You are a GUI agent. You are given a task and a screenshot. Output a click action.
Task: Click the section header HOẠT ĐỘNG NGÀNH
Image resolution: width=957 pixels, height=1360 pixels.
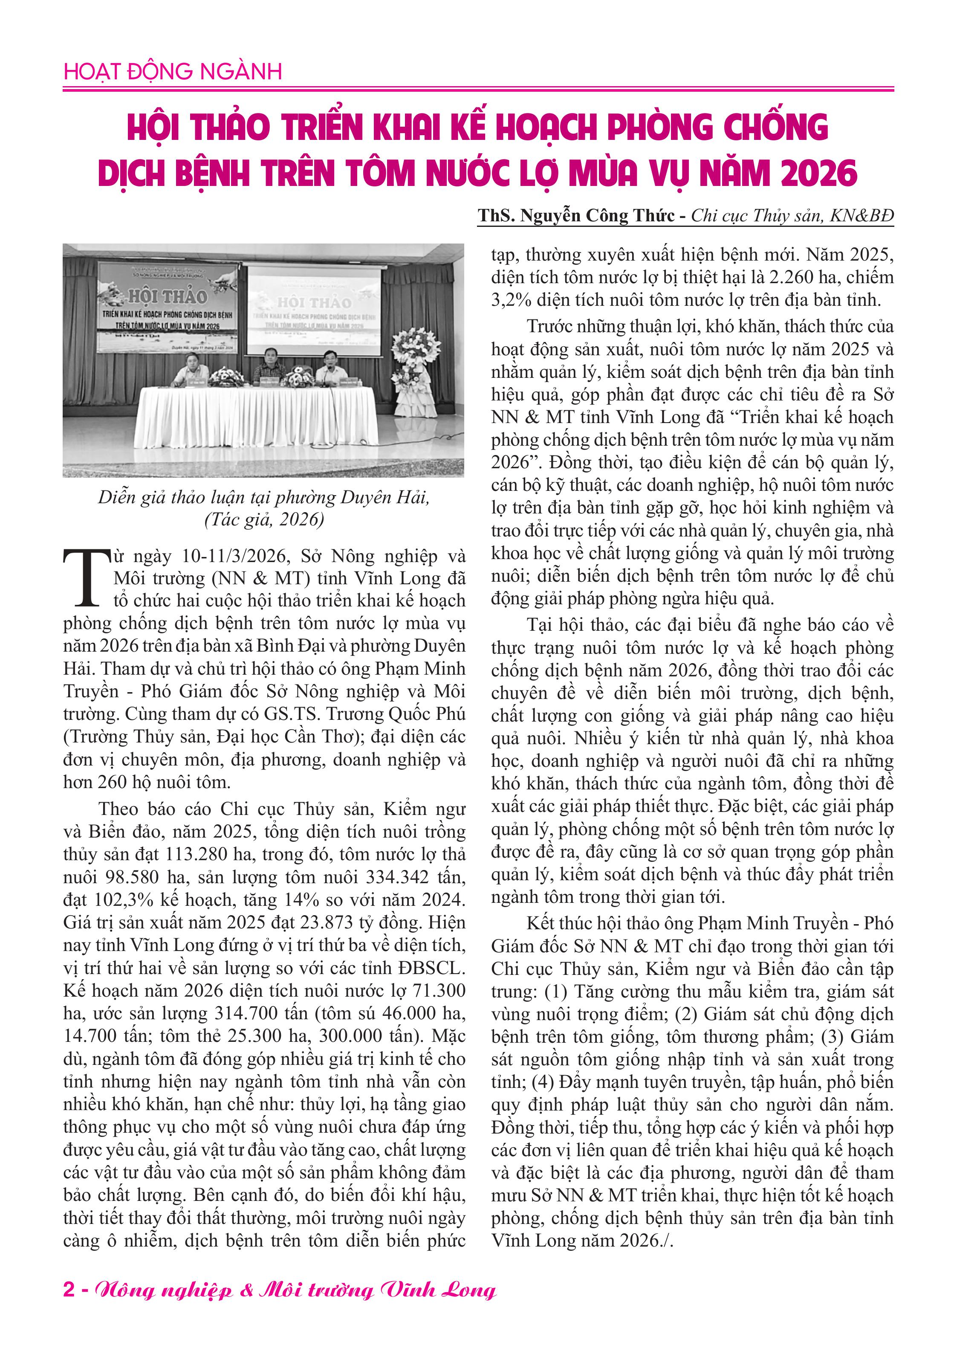click(x=172, y=72)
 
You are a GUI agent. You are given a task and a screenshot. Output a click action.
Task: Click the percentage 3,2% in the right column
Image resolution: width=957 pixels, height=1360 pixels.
click(x=511, y=300)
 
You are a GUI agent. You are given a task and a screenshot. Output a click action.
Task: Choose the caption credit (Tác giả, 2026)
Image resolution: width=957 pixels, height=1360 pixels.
click(x=264, y=519)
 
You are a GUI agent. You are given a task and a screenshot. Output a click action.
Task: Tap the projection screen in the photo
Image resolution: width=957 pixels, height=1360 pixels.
click(x=314, y=311)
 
